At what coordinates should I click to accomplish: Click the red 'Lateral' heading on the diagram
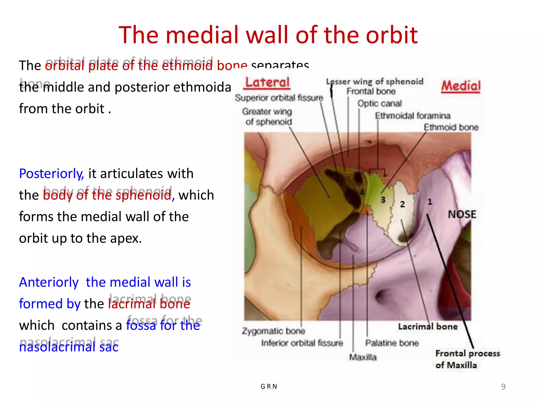coord(267,83)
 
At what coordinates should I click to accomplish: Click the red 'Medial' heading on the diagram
coord(461,86)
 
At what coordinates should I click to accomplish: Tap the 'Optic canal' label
coord(379,103)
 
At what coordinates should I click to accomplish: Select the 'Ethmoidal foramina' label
coord(412,115)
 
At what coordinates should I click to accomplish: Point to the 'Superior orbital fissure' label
coord(279,98)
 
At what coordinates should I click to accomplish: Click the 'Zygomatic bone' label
coord(273,331)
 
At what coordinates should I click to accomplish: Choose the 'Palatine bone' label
coord(392,343)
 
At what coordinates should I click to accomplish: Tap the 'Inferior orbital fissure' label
coord(302,343)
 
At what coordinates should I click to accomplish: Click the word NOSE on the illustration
coord(462,214)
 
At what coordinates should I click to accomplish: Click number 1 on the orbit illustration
coord(430,202)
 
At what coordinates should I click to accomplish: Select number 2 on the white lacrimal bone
coord(402,204)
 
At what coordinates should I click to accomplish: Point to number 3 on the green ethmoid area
coord(383,200)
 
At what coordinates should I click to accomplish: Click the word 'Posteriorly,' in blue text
coord(51,174)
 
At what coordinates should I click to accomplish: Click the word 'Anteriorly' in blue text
coord(49,282)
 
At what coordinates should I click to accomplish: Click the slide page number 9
coord(503,386)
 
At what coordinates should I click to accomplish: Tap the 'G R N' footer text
coord(269,386)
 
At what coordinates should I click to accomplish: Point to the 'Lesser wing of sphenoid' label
coord(375,82)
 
